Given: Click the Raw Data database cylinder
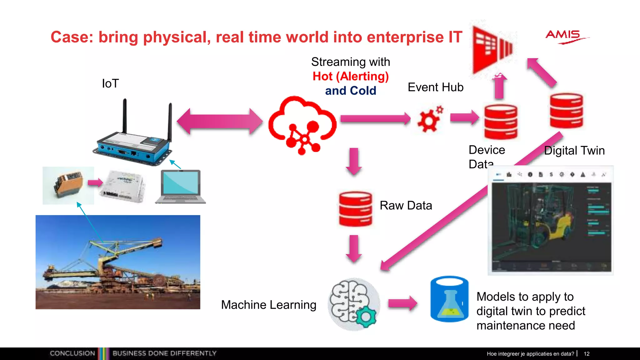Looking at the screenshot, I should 356,209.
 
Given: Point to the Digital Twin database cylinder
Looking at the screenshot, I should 566,111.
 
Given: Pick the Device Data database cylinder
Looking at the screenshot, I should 501,122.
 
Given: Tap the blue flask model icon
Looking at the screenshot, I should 449,299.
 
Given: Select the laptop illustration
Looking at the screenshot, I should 181,187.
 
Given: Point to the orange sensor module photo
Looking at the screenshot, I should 68,185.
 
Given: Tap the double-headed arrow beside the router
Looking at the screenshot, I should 220,121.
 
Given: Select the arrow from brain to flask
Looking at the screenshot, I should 402,303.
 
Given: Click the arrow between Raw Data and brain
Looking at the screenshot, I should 354,248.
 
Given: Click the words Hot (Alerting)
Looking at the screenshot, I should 351,76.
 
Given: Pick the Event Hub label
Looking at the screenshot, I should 435,87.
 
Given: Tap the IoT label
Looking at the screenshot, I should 110,83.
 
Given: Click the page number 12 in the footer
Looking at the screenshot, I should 587,354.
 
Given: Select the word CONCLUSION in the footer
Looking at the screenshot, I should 72,353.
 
